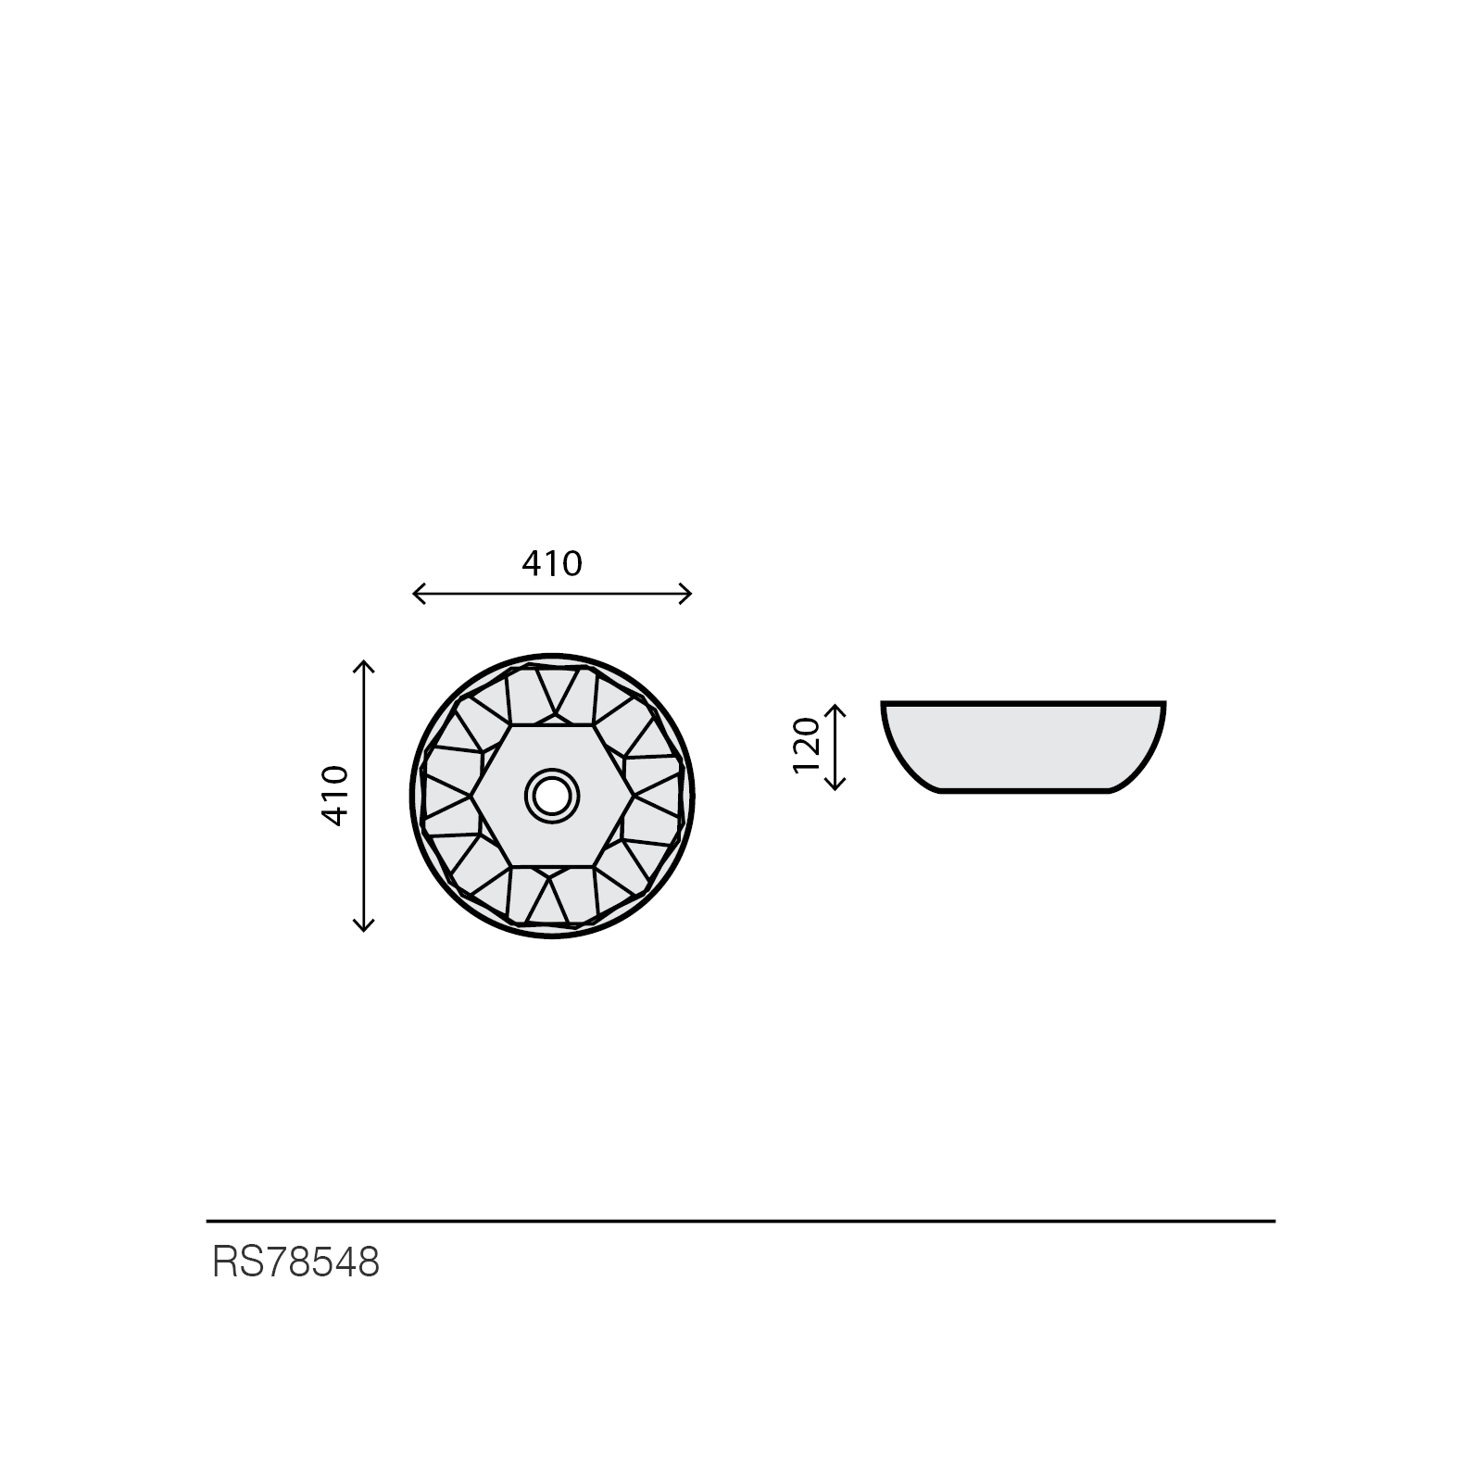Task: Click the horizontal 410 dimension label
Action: click(552, 563)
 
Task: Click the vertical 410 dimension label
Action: click(334, 796)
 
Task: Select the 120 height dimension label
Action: click(807, 746)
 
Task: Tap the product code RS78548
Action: click(295, 1262)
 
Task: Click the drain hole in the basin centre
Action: click(552, 795)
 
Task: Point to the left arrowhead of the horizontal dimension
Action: click(416, 594)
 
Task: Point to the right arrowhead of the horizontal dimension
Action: click(688, 594)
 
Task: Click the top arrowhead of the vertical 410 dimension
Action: click(363, 664)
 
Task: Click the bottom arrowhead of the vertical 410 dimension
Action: click(363, 926)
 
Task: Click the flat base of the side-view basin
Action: click(1024, 792)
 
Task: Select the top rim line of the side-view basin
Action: click(1024, 703)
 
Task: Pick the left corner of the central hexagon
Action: click(471, 796)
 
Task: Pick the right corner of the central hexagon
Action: click(634, 796)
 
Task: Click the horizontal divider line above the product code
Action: click(741, 1222)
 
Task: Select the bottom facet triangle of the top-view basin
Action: click(554, 900)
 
